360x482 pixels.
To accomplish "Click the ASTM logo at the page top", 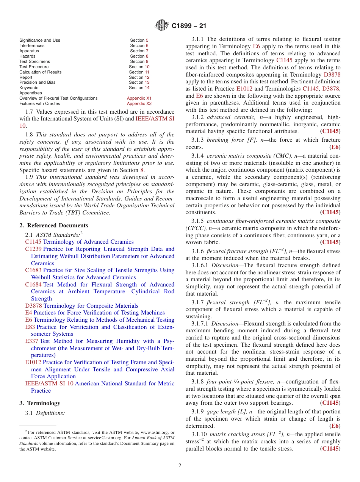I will click(x=162, y=26).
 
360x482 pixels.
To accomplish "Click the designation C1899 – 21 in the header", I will click(x=189, y=26).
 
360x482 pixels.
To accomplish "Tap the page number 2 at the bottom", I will click(x=180, y=466).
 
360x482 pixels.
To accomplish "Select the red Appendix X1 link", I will click(x=139, y=98).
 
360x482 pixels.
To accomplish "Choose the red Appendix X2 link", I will click(x=139, y=103).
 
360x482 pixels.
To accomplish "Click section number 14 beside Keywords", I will click(x=147, y=88).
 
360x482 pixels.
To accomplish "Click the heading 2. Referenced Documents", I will click(x=54, y=225).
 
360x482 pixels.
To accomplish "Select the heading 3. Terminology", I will click(x=40, y=403).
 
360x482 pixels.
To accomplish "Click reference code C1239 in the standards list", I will click(x=33, y=249).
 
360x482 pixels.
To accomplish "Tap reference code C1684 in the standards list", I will click(x=33, y=285).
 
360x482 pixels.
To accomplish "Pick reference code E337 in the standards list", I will click(x=32, y=341).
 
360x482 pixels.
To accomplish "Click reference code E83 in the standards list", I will click(x=30, y=327).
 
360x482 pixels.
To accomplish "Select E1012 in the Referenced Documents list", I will click(x=33, y=362).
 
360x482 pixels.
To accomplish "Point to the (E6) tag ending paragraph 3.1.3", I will click(x=335, y=147).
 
